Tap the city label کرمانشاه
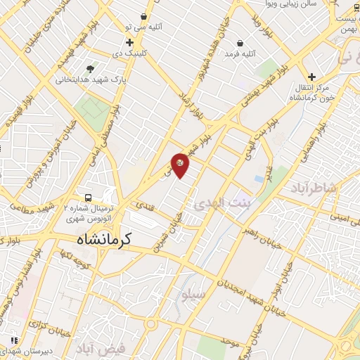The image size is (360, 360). click(x=105, y=240)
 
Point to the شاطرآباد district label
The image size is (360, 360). click(x=313, y=188)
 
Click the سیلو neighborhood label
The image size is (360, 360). click(x=193, y=295)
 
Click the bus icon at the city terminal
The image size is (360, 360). click(x=89, y=198)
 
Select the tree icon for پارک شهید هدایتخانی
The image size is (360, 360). click(x=90, y=68)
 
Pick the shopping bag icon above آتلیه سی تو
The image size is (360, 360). click(x=144, y=16)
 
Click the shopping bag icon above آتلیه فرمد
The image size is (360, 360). click(x=240, y=42)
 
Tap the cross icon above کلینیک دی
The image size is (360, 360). click(x=130, y=42)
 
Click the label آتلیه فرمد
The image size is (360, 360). click(x=240, y=53)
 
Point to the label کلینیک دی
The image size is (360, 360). click(x=130, y=53)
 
